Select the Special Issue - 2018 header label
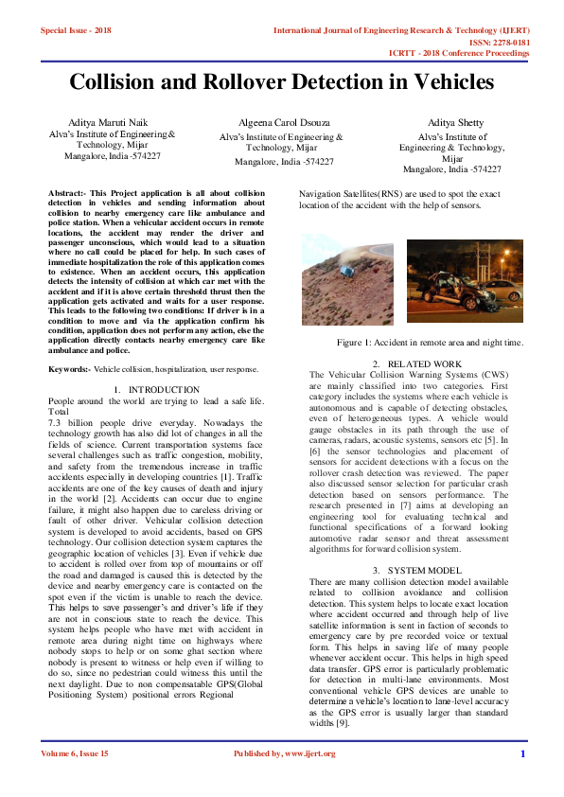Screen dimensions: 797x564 76,30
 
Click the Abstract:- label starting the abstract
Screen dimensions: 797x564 67,193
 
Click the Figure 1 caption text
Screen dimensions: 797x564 430,342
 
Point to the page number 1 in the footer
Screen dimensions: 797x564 522,753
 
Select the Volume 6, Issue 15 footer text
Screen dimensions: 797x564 75,753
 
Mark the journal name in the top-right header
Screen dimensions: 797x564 401,30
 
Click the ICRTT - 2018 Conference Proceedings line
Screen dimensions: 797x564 459,54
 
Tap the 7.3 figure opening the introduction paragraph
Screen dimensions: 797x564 55,420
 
